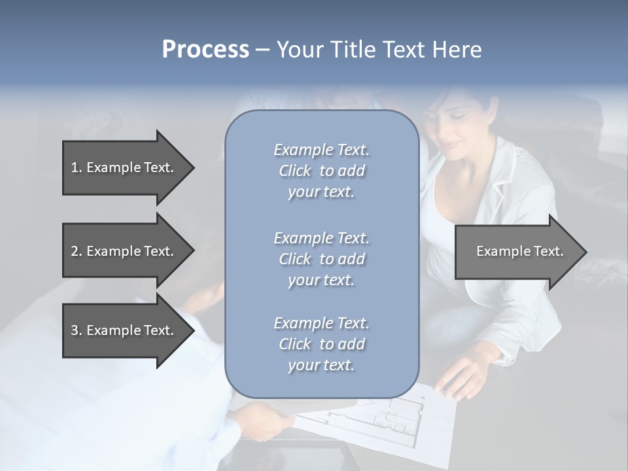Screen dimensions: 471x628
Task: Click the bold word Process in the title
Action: tap(205, 50)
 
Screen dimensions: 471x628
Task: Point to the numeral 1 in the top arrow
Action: tap(75, 167)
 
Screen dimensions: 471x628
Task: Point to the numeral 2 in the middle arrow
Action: tap(75, 251)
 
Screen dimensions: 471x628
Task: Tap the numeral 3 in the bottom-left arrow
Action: tap(75, 330)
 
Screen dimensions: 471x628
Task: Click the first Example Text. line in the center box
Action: tap(321, 150)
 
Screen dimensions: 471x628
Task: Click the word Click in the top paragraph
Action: tap(295, 171)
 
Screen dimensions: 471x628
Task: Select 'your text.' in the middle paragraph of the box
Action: tap(321, 280)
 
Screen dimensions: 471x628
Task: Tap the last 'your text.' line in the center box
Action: tap(321, 366)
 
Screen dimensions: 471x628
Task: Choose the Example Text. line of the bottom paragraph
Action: tap(321, 323)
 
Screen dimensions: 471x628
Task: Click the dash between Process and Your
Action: tap(263, 50)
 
